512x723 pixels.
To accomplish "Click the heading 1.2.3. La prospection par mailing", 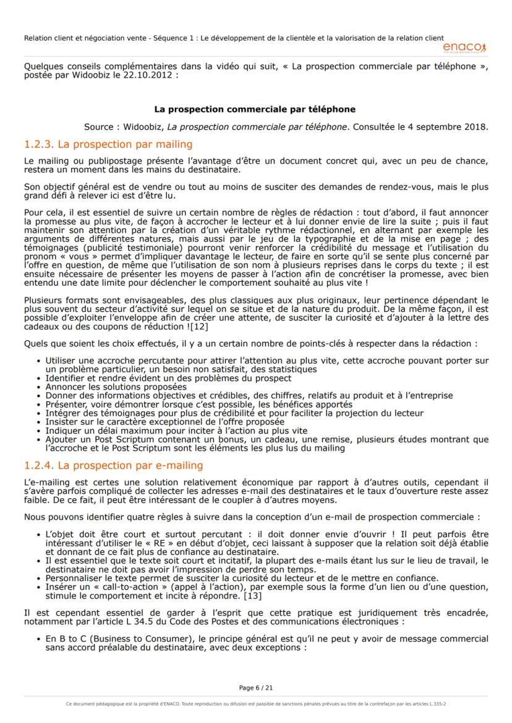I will coord(108,144).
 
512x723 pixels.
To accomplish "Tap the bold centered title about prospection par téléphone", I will coord(255,109).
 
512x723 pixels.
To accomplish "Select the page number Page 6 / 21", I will coord(255,687).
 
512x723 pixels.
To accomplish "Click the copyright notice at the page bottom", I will coord(255,703).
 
